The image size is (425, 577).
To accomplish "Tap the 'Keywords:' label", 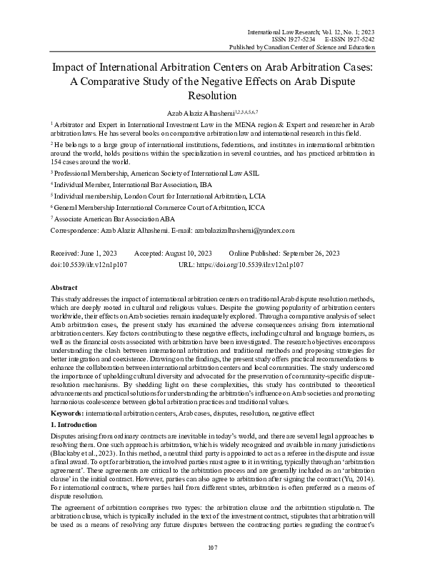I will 70,413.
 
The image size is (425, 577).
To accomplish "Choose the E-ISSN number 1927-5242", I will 356,40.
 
